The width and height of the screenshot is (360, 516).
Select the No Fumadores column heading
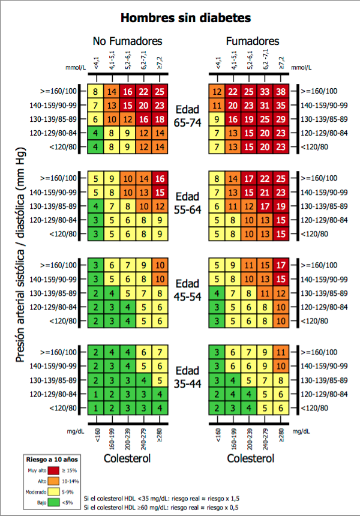128,41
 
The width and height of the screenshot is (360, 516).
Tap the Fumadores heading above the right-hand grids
252,41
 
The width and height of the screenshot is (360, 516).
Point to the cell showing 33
265,91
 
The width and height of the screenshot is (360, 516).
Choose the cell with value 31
265,105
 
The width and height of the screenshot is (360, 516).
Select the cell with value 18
158,119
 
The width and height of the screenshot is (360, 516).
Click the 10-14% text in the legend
70,481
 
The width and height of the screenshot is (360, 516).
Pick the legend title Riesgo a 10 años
52,459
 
